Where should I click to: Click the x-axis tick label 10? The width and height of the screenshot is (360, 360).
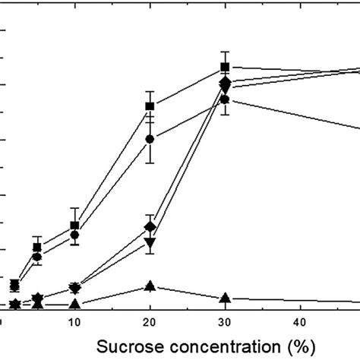[x=74, y=321]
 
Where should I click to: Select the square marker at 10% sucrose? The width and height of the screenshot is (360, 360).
[x=74, y=226]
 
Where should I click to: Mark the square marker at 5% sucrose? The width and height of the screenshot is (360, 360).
[x=36, y=248]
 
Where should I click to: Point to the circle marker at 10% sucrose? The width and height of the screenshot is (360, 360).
[x=74, y=235]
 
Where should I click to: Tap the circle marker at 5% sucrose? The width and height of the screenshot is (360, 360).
[x=36, y=257]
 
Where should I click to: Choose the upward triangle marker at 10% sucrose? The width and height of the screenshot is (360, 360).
[x=74, y=304]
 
